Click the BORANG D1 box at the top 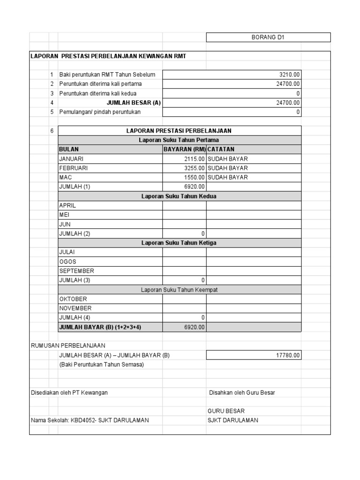click(269, 37)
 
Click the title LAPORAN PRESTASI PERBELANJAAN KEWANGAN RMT click(108, 56)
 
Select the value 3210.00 click(289, 75)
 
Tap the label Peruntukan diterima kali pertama click(100, 84)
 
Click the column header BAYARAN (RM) click(184, 150)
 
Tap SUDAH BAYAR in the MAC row click(228, 178)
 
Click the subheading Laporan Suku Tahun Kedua click(179, 196)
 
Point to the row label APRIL click(67, 205)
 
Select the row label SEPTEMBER click(76, 271)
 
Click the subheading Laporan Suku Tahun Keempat click(179, 290)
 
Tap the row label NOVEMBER click(75, 308)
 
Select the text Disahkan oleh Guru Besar click(242, 393)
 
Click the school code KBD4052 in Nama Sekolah click(82, 420)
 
